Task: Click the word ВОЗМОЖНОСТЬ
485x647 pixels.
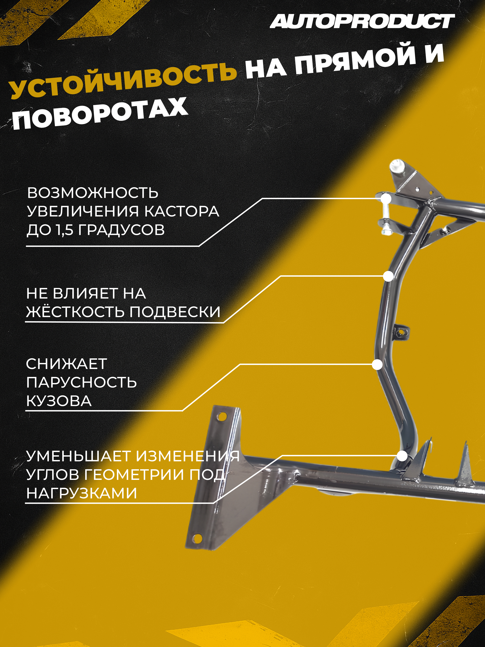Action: pyautogui.click(x=93, y=193)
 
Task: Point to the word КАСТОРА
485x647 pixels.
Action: pyautogui.click(x=182, y=211)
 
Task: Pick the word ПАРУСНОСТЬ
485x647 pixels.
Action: pyautogui.click(x=82, y=382)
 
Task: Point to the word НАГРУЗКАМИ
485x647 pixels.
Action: pyautogui.click(x=82, y=494)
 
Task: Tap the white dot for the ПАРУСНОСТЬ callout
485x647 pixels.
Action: pyautogui.click(x=377, y=364)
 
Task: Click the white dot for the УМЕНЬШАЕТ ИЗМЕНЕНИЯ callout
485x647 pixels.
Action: pyautogui.click(x=402, y=456)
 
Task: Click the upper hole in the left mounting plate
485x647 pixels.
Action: pyautogui.click(x=222, y=416)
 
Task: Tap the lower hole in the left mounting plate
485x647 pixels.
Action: pyautogui.click(x=198, y=537)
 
